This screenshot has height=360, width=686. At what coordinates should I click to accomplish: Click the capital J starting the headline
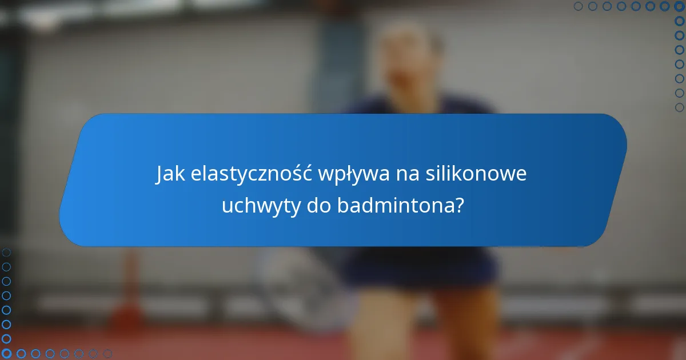click(x=159, y=174)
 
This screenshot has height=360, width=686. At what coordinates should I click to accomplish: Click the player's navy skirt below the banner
click(x=422, y=266)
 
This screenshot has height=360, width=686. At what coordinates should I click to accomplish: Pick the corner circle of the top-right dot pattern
click(x=679, y=6)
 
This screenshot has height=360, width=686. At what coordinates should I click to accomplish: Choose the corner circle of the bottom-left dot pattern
click(x=6, y=354)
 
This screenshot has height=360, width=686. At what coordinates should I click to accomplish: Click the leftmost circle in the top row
click(x=578, y=6)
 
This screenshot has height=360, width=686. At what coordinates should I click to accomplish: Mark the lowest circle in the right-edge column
click(x=679, y=107)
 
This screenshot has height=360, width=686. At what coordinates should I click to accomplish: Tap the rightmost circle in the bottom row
click(x=107, y=354)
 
